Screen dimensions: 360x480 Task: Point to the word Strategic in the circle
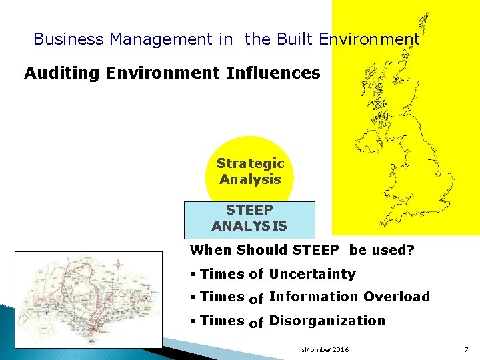coord(250,163)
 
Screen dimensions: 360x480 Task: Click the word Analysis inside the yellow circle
coord(250,179)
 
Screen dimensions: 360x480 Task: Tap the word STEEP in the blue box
coord(249,211)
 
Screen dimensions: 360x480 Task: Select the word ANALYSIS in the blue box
coord(249,226)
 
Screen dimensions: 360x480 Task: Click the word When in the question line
coord(210,251)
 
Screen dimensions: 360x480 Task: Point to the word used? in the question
coord(393,251)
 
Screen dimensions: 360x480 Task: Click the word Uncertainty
coord(312,274)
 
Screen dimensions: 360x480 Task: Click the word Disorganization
coord(327,321)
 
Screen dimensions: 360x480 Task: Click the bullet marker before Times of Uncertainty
coord(193,275)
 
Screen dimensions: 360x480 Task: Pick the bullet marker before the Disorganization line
coord(193,321)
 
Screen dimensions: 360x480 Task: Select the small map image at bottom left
coord(89,299)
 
